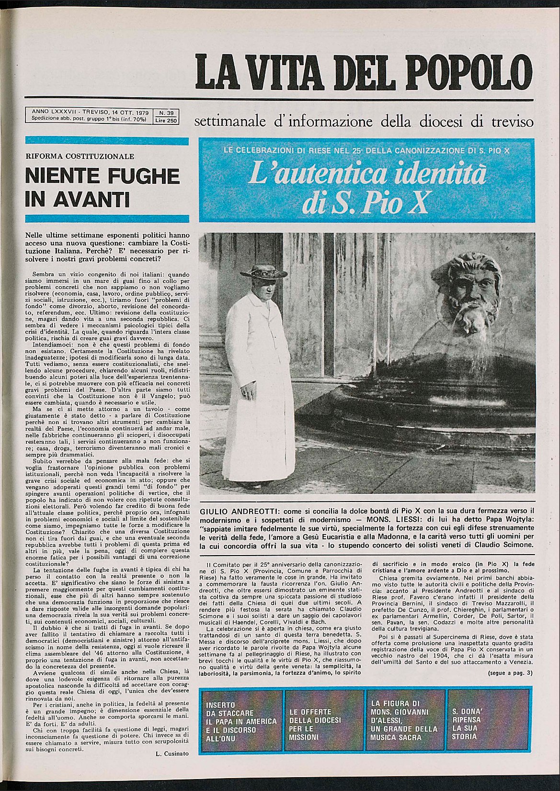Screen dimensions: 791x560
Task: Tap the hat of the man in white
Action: [261, 273]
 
